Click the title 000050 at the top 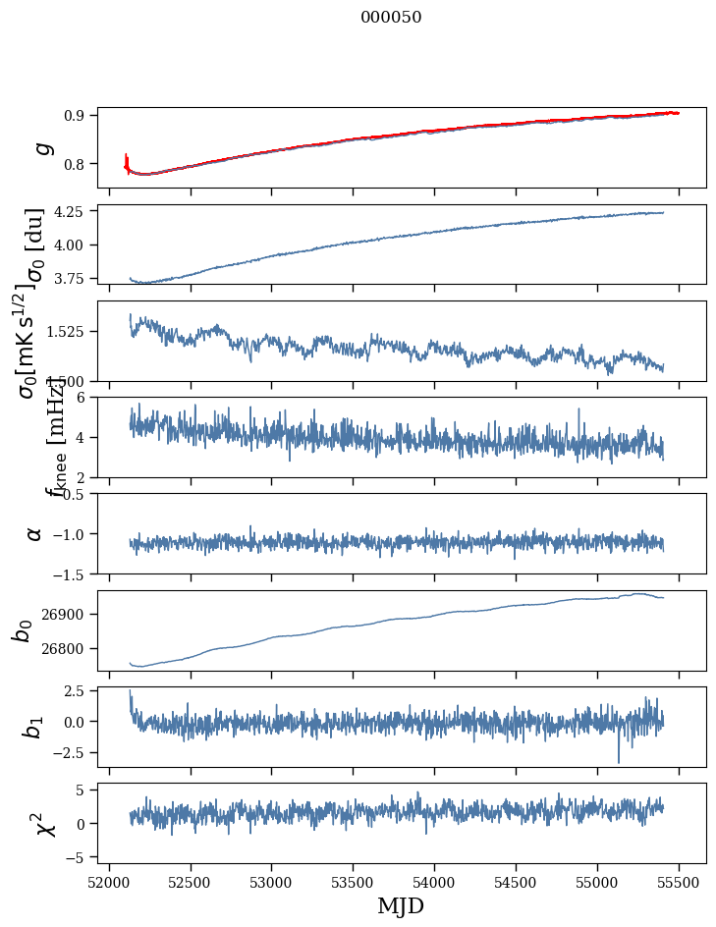tap(391, 18)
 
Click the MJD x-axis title tap(401, 905)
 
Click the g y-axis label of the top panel tap(41, 148)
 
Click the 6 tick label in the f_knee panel tap(86, 397)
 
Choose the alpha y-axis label tap(35, 533)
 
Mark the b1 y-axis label tap(33, 726)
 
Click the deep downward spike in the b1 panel tap(619, 759)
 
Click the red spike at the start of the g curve tap(127, 158)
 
